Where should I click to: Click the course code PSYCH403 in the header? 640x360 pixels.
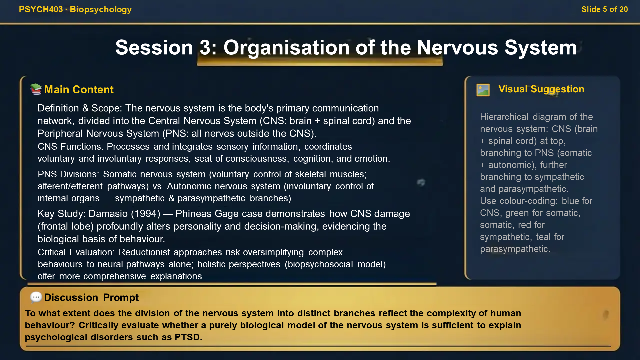click(x=41, y=9)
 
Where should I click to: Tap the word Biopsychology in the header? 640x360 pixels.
click(x=101, y=9)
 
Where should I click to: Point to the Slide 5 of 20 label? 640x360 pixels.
click(x=604, y=9)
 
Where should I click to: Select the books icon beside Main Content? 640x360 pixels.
click(x=36, y=89)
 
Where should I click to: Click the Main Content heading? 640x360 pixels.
click(x=79, y=89)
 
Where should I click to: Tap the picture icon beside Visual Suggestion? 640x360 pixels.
click(x=483, y=90)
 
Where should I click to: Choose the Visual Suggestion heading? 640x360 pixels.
click(x=541, y=89)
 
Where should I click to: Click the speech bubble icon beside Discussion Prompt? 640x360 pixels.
click(x=36, y=297)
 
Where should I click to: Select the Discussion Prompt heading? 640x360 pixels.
click(x=91, y=297)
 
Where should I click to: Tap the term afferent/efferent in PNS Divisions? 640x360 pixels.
click(x=70, y=186)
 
